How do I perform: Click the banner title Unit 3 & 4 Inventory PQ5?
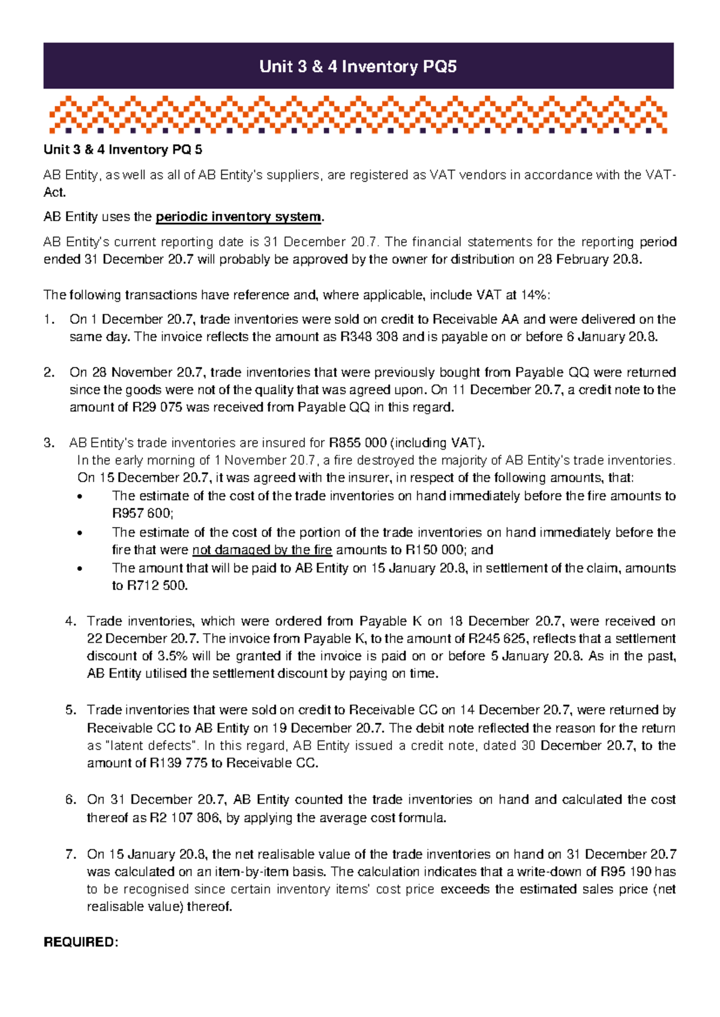358,67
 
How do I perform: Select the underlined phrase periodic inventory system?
239,217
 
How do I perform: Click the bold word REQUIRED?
80,943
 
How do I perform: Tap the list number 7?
71,854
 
